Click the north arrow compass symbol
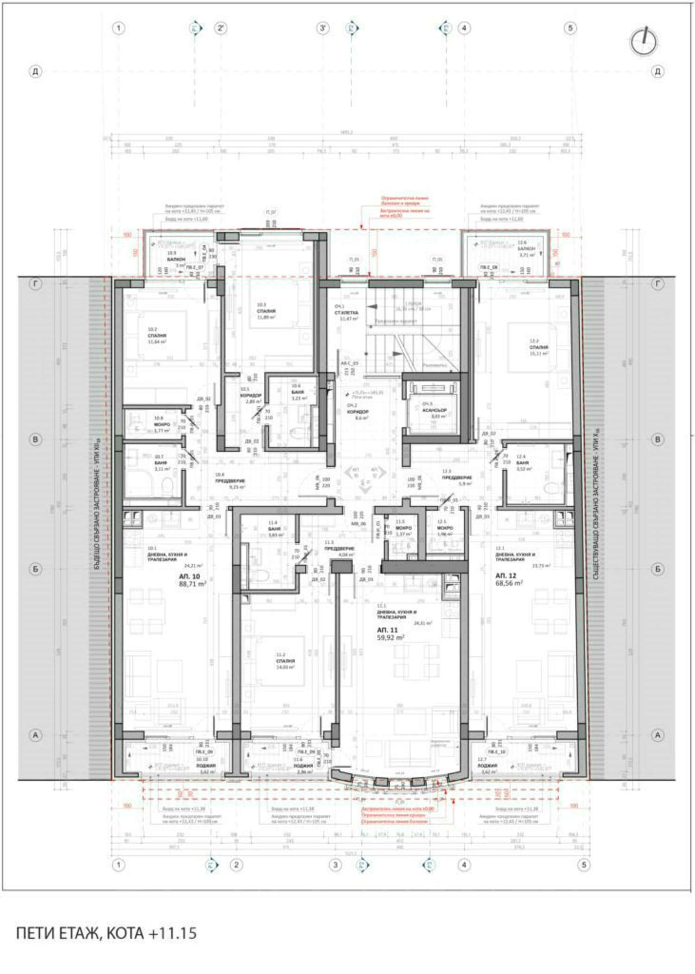[644, 42]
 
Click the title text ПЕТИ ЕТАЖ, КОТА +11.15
[107, 933]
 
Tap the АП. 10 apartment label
[190, 576]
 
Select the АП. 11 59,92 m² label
[388, 634]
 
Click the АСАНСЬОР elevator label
[435, 410]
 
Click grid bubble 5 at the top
[570, 28]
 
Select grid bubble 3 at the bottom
[335, 865]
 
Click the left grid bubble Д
[35, 71]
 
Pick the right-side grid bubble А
[657, 735]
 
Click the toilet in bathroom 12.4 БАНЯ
[551, 488]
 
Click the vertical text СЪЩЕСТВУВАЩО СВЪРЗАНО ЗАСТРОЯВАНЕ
[597, 505]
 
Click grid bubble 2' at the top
[221, 28]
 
